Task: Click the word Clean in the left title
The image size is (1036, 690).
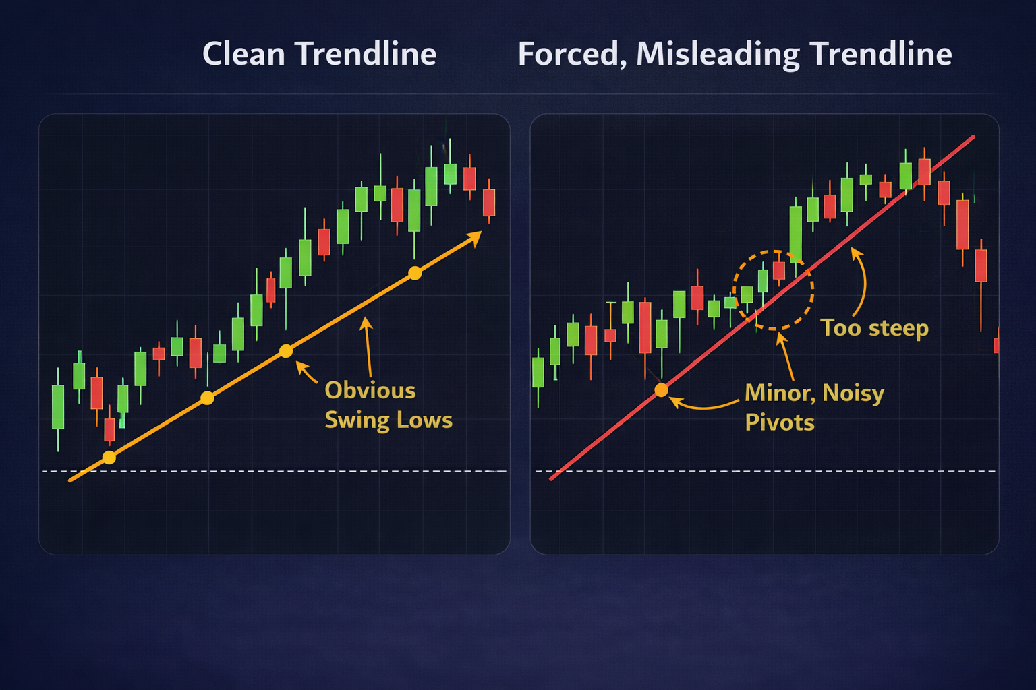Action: click(x=243, y=54)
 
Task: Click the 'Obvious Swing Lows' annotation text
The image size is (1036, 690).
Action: click(x=388, y=405)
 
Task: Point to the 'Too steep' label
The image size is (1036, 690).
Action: click(x=874, y=328)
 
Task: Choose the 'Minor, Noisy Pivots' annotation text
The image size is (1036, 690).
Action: click(x=813, y=407)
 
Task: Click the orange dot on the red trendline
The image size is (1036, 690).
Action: click(x=662, y=389)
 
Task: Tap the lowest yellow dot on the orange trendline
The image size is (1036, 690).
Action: click(x=109, y=458)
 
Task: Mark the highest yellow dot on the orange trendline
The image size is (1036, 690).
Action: click(x=415, y=273)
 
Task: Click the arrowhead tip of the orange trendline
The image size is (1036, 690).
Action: click(x=480, y=232)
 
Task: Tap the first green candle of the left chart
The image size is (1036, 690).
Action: click(x=58, y=406)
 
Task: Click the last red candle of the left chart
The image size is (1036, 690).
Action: click(x=489, y=202)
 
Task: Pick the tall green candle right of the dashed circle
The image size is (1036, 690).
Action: click(x=796, y=233)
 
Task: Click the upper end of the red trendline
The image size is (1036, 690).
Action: click(x=973, y=138)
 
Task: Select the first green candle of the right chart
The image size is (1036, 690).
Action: click(x=538, y=372)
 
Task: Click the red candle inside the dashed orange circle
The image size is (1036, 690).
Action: click(x=779, y=270)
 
